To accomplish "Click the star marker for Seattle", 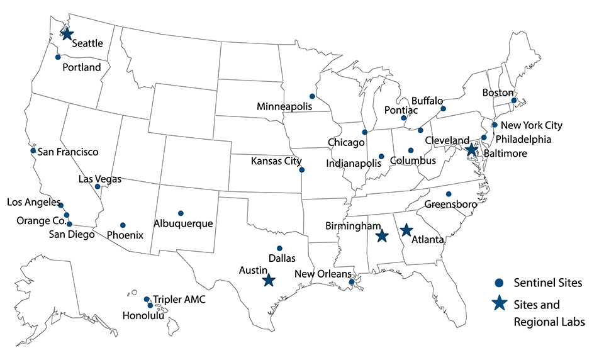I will (67, 35).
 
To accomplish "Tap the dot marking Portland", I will (58, 57).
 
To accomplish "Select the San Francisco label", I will (68, 152).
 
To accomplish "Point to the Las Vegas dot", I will (98, 186).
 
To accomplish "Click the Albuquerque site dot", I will (181, 213).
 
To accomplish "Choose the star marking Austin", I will (269, 280).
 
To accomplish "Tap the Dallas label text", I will (282, 258).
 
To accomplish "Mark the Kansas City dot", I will (302, 170).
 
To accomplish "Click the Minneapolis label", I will (284, 106).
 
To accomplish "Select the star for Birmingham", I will (381, 236).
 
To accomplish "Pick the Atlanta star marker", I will (406, 230).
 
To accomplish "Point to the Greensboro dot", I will (449, 194).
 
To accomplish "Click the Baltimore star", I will (472, 149).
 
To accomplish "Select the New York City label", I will (531, 125).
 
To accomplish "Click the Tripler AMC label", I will (179, 300).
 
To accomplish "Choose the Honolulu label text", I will (143, 316).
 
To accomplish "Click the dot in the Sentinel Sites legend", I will (498, 283).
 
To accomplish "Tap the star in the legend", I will (499, 304).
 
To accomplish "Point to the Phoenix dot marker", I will (123, 225).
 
